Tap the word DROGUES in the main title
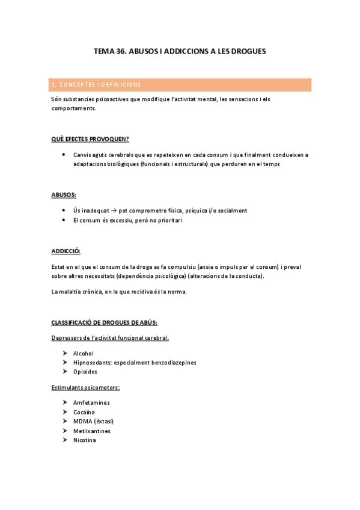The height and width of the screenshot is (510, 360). click(x=246, y=52)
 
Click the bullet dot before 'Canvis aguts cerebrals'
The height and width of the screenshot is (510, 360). click(x=64, y=155)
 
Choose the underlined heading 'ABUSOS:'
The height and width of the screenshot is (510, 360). click(x=64, y=195)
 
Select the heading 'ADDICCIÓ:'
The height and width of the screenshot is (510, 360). click(x=66, y=251)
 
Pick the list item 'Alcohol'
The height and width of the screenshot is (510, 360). click(x=84, y=354)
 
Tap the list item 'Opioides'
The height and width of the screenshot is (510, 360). click(x=85, y=372)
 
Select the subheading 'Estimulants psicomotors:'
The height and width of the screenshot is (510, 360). click(x=85, y=387)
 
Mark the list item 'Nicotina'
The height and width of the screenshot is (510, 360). click(x=85, y=440)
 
